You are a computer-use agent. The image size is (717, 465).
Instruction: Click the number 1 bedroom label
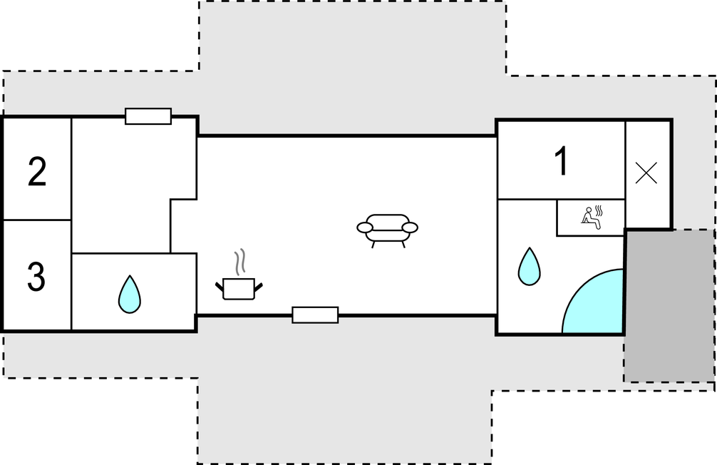point(562,160)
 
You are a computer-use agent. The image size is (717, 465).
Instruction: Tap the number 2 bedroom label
point(37,172)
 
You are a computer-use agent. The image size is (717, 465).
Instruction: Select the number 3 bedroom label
point(36,277)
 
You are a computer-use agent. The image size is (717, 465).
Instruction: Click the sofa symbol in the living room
point(387,230)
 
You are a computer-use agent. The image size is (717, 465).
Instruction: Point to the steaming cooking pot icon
point(239,275)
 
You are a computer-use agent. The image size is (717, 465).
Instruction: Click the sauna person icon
point(590,218)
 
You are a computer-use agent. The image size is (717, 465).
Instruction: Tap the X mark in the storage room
point(646,173)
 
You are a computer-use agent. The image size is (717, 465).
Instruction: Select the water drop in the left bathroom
point(130,295)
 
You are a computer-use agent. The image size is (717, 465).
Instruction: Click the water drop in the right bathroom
point(529,266)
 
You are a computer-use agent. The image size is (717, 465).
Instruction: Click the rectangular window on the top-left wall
point(148,116)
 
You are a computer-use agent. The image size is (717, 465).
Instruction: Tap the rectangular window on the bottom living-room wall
point(315,315)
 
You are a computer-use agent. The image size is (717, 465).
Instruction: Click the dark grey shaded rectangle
point(669,305)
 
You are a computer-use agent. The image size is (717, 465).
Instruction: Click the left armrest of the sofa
point(365,228)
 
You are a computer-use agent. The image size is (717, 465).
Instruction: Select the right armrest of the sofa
point(410,228)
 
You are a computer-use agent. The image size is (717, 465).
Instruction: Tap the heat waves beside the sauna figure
point(599,211)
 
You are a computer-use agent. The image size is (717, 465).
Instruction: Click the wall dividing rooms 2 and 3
point(37,220)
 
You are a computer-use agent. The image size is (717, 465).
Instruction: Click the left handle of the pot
point(220,287)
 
